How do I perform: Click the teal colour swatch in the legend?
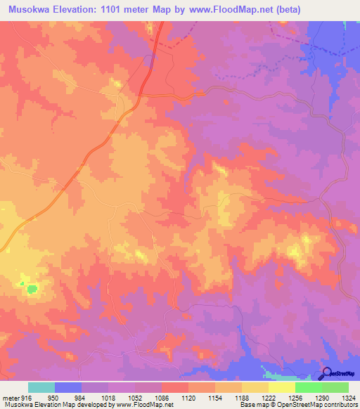coord(41,387)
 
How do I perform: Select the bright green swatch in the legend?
coord(308,387)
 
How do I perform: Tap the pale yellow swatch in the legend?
coord(281,387)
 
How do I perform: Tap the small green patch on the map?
coord(31,288)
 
